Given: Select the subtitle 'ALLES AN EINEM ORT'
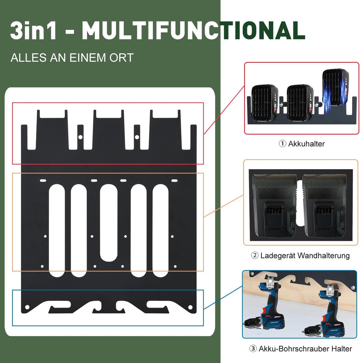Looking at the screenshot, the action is pos(72,58).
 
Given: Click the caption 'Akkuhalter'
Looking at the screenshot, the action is pos(306,144).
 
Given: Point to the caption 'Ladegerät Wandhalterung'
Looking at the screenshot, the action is pos(305,256).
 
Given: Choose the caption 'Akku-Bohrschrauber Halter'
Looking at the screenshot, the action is pos(305,349).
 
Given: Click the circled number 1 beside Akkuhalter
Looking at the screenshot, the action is pos(282,144).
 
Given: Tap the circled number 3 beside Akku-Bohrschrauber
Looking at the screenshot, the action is pos(253,349).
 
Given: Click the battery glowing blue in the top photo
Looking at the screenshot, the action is pos(335,88).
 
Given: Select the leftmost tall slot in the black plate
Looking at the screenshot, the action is pos(57,231).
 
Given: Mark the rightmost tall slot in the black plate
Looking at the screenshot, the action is pos(161,231).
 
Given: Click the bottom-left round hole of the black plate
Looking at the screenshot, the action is pos(27,307).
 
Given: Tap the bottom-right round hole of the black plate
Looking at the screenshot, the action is pos(190,307).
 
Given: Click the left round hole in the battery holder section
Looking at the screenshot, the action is pos(80,137).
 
